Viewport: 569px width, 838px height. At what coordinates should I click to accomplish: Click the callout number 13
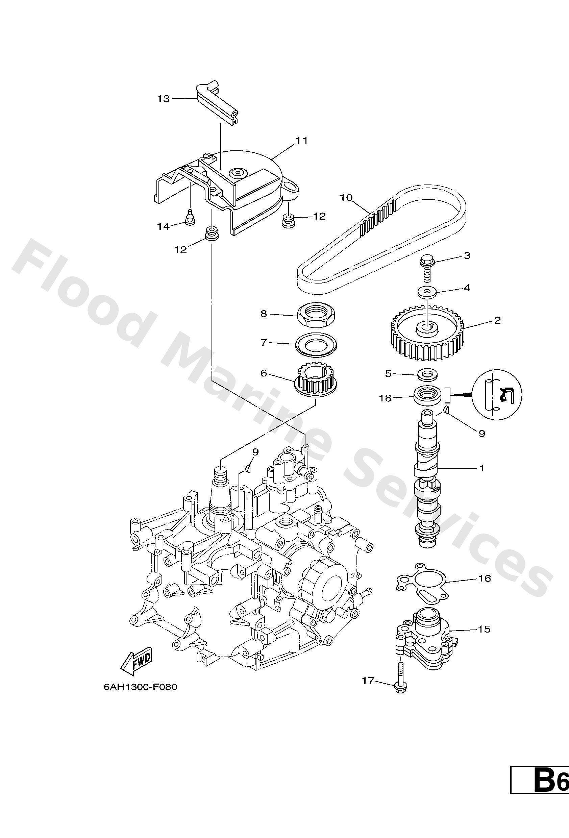(x=163, y=98)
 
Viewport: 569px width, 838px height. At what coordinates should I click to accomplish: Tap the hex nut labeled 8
(x=317, y=315)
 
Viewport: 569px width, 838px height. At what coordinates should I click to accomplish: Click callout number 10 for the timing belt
(x=346, y=197)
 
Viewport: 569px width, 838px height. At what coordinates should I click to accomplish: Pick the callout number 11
(x=301, y=141)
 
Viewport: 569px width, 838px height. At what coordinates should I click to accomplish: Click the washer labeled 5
(x=428, y=374)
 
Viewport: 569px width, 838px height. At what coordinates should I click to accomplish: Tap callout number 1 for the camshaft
(x=482, y=468)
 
